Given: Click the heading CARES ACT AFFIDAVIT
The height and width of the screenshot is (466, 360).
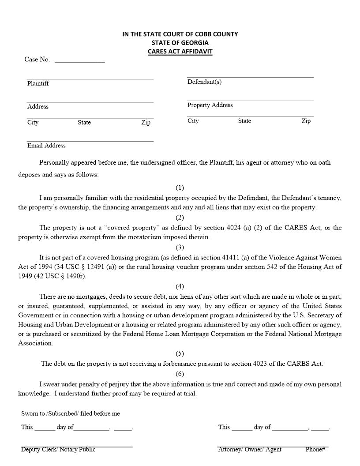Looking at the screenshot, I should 180,51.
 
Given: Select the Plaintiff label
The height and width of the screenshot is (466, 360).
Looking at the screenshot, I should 38,83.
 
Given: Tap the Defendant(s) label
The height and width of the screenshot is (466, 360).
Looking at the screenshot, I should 204,82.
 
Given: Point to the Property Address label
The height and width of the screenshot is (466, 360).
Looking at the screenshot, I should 210,105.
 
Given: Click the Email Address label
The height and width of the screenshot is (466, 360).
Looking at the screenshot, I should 46,146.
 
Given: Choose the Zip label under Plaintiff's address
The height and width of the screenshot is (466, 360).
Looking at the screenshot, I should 146,122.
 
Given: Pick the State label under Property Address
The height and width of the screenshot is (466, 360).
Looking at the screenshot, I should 244,121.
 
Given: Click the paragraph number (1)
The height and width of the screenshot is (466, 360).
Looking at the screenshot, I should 180,188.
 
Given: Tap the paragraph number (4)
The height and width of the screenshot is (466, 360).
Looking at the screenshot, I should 180,286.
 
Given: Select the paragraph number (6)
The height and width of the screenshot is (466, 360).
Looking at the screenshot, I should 180,374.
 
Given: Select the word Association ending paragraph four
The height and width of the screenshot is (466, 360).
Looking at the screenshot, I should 35,343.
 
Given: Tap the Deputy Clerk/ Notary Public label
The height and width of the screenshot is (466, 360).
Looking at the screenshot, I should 58,449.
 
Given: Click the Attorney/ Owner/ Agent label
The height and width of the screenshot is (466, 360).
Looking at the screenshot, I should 250,449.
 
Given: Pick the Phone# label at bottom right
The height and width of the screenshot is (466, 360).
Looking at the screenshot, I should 315,449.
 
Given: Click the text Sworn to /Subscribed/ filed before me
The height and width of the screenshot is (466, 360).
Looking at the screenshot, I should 71,413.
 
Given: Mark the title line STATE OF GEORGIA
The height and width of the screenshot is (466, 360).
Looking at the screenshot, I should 180,43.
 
